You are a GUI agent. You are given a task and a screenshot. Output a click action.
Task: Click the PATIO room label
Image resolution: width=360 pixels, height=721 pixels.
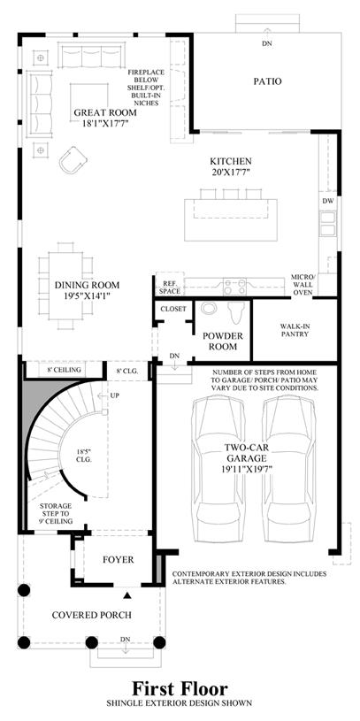(x=267, y=81)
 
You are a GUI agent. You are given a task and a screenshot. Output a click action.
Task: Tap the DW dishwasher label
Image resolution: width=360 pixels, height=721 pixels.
(x=328, y=201)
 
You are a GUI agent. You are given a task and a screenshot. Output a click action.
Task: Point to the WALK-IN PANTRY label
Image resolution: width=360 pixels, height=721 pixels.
(x=295, y=330)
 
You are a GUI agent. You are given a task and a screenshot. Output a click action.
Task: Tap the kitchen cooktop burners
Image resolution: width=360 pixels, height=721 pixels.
(x=234, y=287)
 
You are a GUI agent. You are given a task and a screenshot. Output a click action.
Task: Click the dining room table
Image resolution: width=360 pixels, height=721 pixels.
(x=65, y=286)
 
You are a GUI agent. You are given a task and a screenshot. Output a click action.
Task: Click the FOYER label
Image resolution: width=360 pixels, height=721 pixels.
(x=119, y=560)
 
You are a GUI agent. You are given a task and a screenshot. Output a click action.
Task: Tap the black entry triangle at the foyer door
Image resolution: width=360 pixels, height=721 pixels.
(x=127, y=595)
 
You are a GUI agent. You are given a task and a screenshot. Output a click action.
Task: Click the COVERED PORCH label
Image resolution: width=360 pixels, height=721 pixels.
(x=91, y=615)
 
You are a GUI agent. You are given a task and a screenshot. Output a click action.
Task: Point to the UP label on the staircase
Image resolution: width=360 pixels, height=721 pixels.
(x=114, y=395)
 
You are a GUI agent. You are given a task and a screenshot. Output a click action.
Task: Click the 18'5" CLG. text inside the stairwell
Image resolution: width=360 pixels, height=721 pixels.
(x=84, y=456)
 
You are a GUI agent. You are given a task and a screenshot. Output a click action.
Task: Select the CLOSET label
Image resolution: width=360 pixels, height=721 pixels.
(x=173, y=309)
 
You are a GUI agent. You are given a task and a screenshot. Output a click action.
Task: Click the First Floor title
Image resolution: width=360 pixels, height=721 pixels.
(x=180, y=688)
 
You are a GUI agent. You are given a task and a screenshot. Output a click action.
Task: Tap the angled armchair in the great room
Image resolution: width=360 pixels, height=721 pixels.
(x=73, y=159)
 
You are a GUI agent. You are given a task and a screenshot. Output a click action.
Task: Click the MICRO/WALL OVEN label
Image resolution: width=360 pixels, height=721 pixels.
(x=303, y=284)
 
